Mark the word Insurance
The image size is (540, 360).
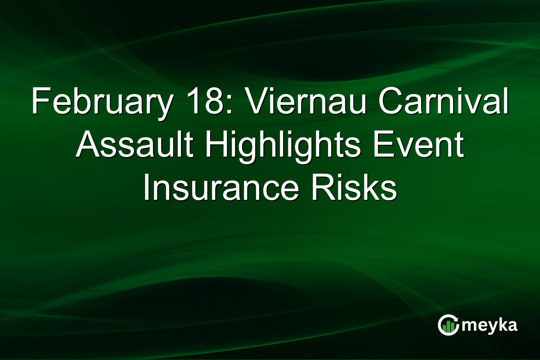220,189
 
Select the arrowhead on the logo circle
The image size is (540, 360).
455,318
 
